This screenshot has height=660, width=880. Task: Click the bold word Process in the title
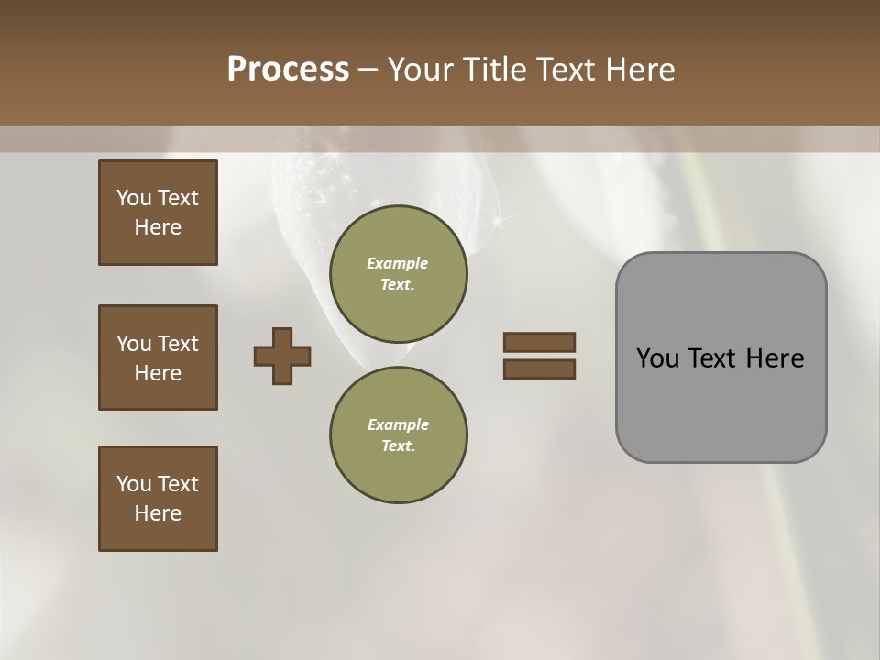coord(288,70)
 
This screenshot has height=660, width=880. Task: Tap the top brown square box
coord(158,213)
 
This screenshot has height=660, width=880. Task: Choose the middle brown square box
coord(158,357)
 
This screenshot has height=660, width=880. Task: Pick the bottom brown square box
coord(158,499)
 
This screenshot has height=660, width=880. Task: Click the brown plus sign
coord(282,356)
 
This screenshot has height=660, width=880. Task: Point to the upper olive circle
coord(398,274)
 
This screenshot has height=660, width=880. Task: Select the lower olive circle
coord(398,435)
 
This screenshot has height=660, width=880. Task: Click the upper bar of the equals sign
coord(539,342)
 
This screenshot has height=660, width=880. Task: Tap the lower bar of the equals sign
coord(539,368)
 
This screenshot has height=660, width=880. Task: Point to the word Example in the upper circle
coord(398,263)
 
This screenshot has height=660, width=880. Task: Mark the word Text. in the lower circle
coord(398,445)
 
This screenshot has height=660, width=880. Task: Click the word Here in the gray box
coord(775,358)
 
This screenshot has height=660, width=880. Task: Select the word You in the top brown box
coord(134,198)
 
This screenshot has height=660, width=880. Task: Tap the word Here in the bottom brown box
coord(158,513)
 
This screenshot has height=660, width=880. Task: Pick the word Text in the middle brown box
coord(178,344)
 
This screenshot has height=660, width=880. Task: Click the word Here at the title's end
coord(641,70)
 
